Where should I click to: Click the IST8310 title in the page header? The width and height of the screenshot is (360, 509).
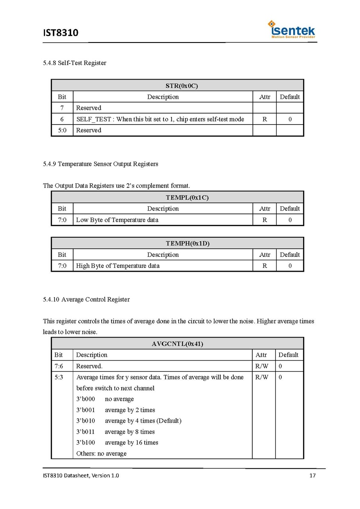[60, 32]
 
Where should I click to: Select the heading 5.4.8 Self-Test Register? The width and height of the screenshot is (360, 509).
[74, 63]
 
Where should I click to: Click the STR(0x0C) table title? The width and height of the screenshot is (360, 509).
[177, 85]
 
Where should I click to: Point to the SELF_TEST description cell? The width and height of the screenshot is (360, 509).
[160, 119]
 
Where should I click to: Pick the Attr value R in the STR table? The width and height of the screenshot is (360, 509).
[264, 119]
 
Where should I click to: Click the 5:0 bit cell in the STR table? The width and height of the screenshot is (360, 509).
[62, 130]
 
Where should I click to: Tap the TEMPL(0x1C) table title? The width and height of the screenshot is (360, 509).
[177, 197]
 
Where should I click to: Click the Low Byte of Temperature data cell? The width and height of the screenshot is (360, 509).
[117, 220]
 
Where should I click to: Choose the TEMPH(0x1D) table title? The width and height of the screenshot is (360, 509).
[177, 244]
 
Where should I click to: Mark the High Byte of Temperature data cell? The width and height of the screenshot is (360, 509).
[118, 266]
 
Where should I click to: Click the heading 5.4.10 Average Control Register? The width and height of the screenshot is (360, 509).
[86, 299]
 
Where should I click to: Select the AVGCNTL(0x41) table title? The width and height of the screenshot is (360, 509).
[177, 344]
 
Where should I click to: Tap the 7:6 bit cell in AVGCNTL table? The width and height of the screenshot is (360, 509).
[59, 366]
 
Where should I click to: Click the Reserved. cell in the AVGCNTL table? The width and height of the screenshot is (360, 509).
[89, 366]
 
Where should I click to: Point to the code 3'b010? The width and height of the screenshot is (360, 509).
[86, 421]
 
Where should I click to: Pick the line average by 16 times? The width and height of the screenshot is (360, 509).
[131, 442]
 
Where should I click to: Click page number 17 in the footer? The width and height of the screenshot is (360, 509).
[312, 475]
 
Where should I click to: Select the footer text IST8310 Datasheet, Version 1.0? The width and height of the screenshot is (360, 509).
[81, 475]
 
